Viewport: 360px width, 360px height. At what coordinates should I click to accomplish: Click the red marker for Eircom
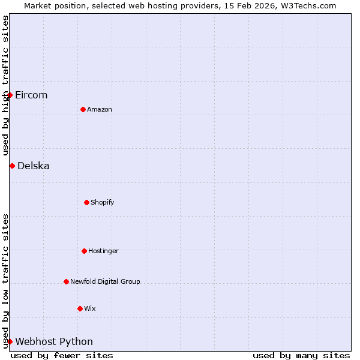10,95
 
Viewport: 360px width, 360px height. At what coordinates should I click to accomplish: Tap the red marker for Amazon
83,109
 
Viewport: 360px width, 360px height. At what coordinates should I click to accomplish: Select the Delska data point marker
12,166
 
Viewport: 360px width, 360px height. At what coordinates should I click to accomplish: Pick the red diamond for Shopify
86,202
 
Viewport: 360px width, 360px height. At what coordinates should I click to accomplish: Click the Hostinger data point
84,251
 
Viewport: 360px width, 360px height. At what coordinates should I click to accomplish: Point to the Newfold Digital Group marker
66,281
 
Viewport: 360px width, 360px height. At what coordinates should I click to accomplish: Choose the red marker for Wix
80,308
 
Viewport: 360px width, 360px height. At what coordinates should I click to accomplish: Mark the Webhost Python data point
10,341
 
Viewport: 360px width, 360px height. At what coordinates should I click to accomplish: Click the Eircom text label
31,95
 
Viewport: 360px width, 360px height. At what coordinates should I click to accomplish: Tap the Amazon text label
100,109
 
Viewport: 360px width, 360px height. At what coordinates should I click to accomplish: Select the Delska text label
34,166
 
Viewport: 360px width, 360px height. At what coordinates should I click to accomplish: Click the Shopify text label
103,202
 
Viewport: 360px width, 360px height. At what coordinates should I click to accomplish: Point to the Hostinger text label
103,251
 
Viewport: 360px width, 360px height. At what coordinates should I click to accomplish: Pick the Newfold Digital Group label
105,281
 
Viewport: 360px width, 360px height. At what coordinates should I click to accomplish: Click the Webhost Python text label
54,342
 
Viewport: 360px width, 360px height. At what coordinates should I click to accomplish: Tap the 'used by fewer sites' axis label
62,355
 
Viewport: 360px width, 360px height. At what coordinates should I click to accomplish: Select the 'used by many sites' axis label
301,355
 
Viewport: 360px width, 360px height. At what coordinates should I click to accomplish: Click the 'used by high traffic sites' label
5,85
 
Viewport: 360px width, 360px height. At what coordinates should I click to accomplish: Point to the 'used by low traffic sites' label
5,281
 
